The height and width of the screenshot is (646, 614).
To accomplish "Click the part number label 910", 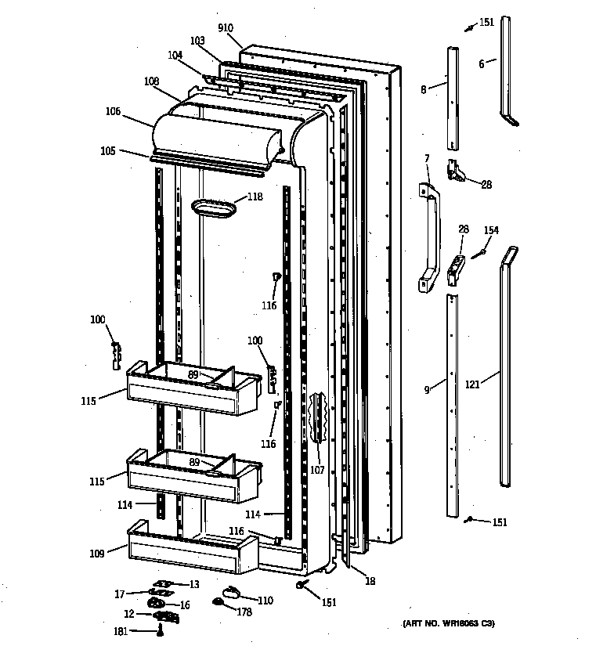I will pos(226,28).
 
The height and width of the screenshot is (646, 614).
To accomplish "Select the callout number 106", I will pos(113,112).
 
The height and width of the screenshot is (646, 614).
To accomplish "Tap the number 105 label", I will pos(107,150).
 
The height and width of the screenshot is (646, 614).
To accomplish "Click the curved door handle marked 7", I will pos(428,235).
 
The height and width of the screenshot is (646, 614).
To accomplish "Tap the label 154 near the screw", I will pos(490,230).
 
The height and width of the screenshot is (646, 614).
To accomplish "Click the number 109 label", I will pos(96,553).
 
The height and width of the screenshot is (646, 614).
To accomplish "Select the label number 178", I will pos(244,612).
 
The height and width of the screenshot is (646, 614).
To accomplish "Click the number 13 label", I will pos(193,584).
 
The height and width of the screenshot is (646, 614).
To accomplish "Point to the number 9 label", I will pos(427,389).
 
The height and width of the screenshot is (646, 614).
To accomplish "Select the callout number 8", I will pos(423,90).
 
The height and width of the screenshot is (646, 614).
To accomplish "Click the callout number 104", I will pos(175,56).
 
